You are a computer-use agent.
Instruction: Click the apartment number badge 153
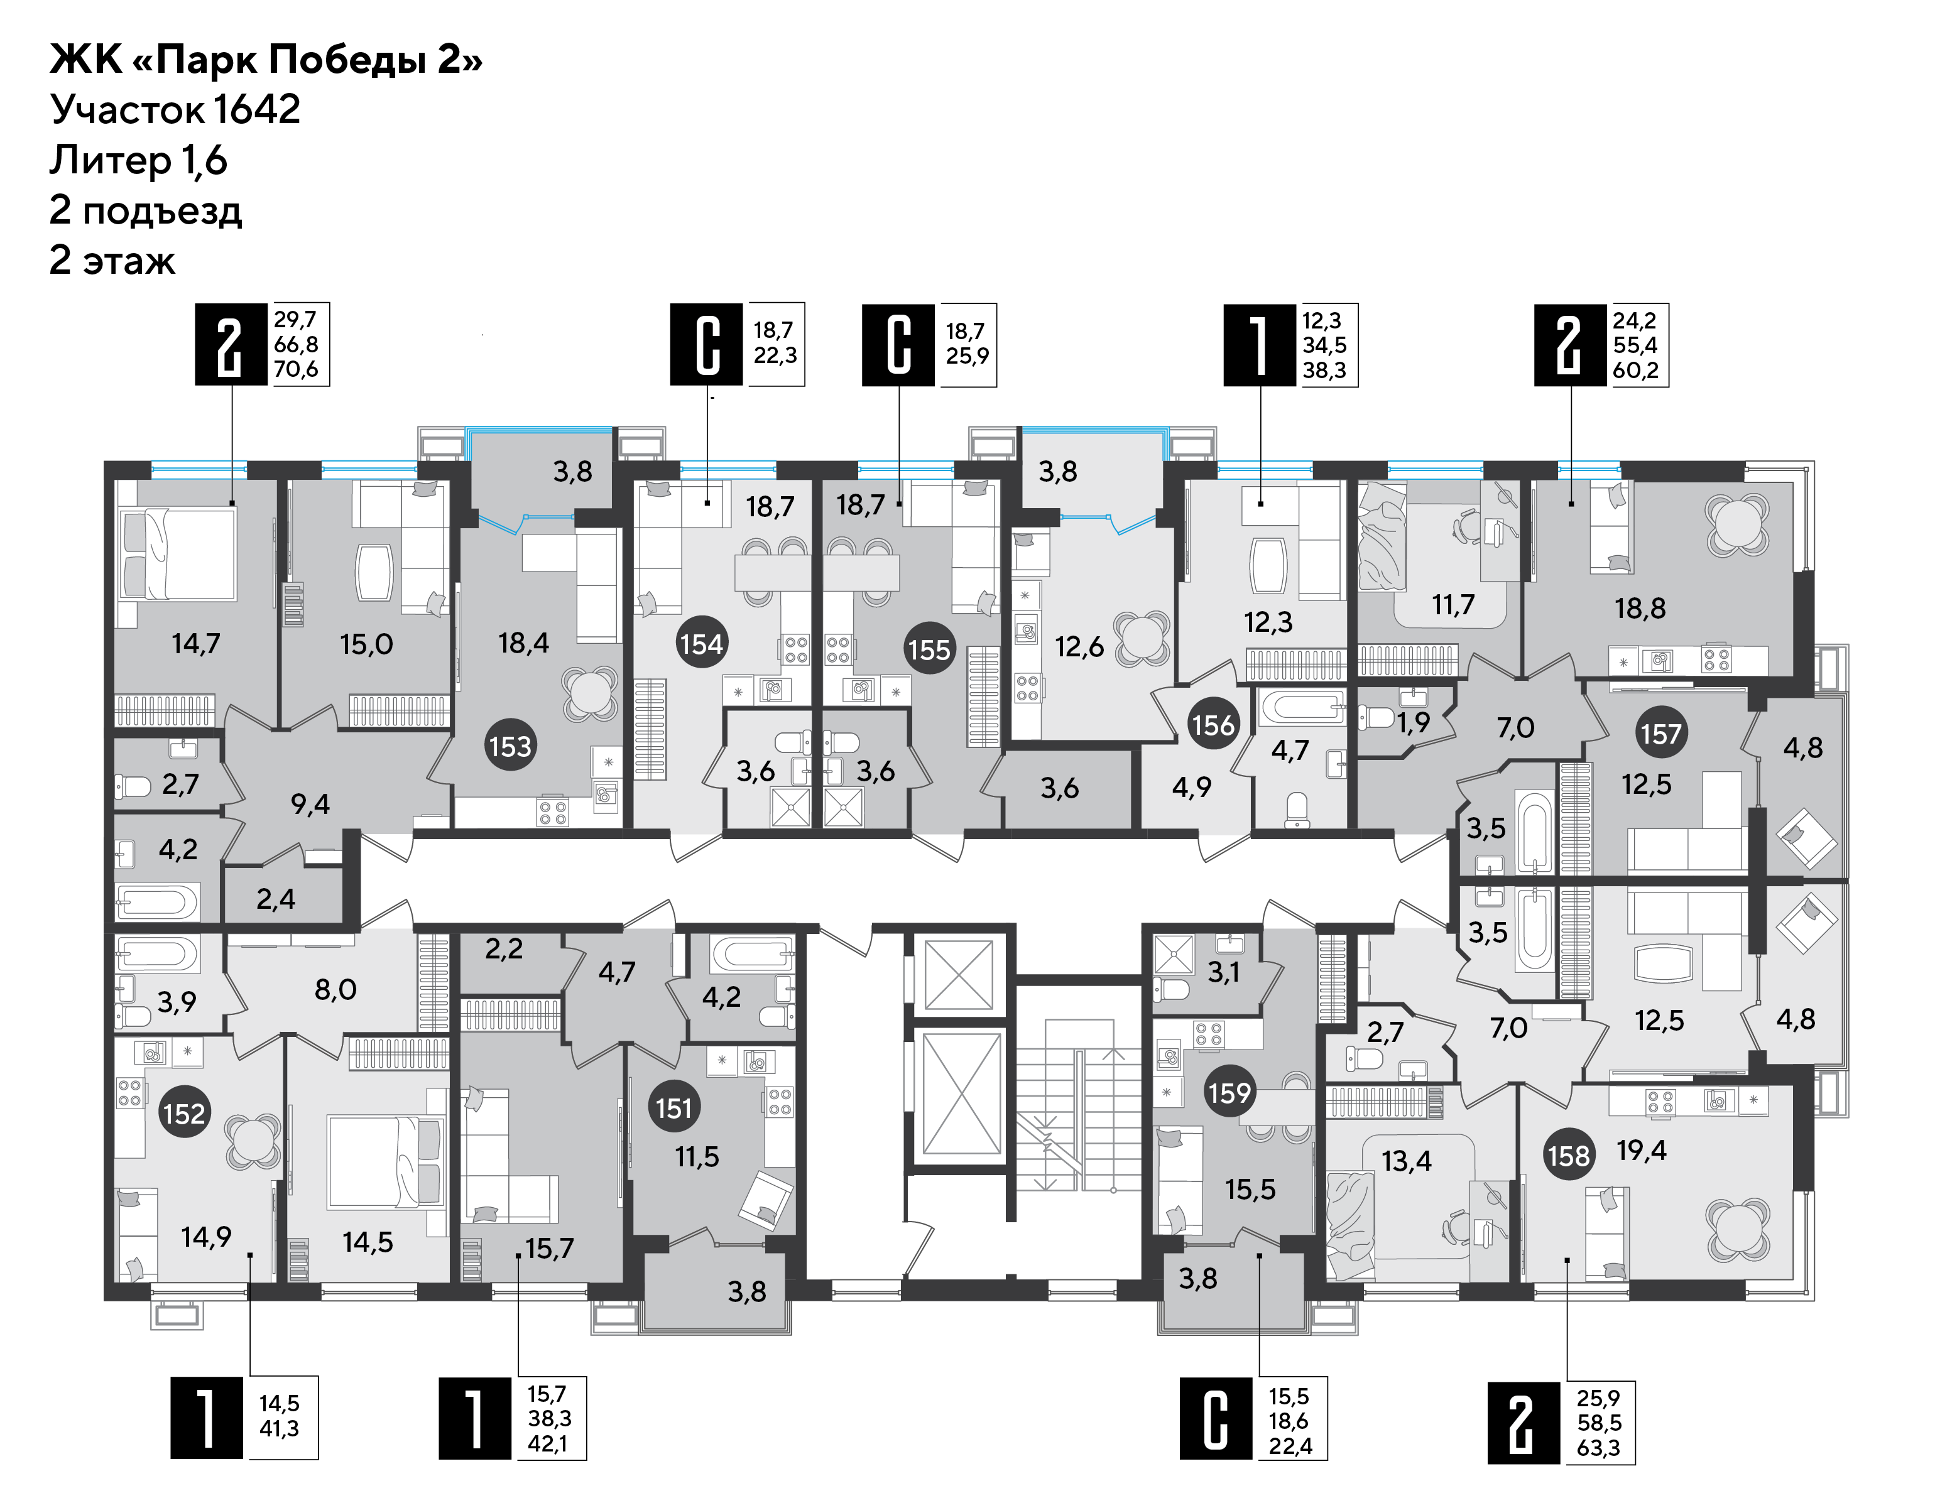(510, 746)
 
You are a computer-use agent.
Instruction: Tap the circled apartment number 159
(1229, 1092)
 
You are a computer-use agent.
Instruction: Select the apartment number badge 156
(1213, 724)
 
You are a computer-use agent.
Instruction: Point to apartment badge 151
(674, 1109)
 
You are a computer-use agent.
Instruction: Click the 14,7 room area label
(195, 643)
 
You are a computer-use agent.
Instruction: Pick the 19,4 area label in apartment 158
(1642, 1149)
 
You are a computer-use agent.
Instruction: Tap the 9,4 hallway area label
(310, 804)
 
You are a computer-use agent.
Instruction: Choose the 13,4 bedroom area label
(1406, 1161)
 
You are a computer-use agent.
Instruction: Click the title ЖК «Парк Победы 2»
(266, 60)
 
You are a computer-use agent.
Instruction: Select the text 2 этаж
(113, 260)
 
